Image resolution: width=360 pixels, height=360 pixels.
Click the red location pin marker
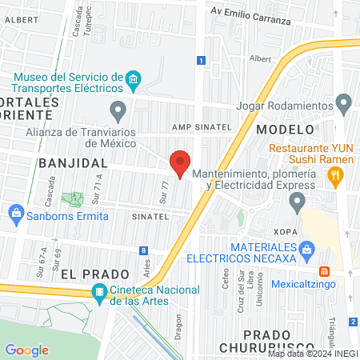(x=181, y=163)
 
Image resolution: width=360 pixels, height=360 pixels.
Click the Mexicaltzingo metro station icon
(x=324, y=271)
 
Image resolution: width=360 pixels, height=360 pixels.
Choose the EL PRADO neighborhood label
(x=84, y=273)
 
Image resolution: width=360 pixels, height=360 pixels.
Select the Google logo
(x=26, y=350)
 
